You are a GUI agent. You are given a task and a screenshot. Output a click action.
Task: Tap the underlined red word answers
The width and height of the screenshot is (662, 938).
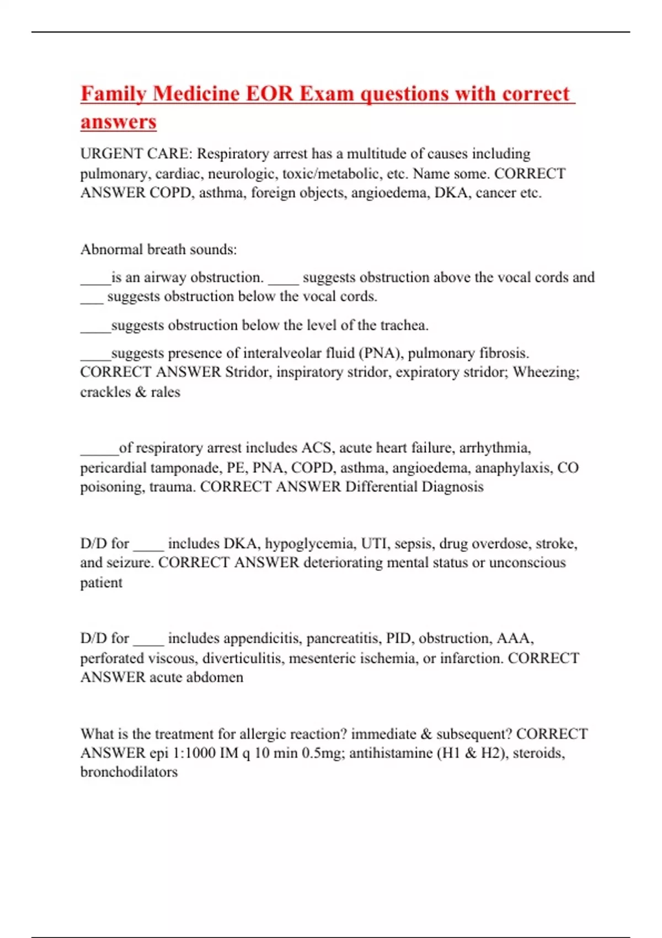point(119,122)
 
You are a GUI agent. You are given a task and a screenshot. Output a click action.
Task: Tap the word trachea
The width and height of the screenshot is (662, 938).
point(404,326)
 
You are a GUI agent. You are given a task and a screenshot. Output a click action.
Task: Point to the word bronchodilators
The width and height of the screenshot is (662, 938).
point(129,772)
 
